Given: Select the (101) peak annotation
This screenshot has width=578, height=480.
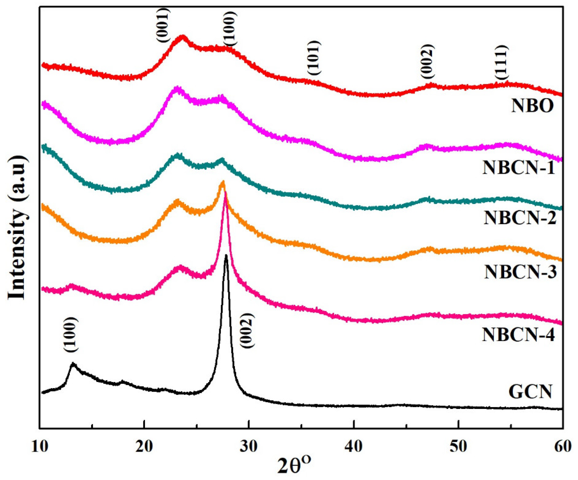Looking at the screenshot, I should (314, 58).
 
